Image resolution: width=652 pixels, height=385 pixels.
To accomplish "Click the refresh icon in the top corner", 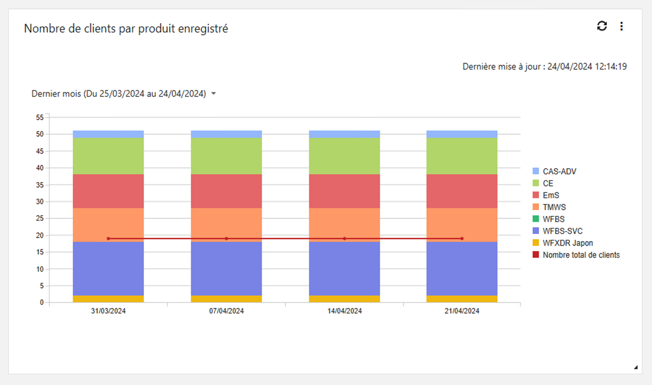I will click(x=602, y=26).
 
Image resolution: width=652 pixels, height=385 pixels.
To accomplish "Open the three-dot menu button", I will click(x=621, y=26).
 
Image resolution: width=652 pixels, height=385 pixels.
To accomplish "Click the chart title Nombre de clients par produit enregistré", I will click(x=126, y=28).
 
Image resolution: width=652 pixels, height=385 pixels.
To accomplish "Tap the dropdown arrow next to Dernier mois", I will click(x=214, y=94).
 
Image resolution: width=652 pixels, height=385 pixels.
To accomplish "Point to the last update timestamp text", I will click(x=544, y=66).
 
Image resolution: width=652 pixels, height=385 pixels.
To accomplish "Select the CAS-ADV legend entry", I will click(x=559, y=171).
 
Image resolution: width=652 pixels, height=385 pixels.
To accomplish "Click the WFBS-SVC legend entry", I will click(x=562, y=231).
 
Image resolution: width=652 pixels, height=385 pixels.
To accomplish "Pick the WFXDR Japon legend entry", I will click(x=568, y=243).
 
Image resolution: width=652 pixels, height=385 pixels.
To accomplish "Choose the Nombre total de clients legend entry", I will click(x=581, y=255).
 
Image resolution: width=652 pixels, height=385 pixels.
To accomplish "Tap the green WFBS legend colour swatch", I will click(x=536, y=219).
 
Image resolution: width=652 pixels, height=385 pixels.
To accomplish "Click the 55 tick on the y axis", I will click(x=40, y=118).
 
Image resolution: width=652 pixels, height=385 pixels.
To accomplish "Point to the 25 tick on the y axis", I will click(x=40, y=218).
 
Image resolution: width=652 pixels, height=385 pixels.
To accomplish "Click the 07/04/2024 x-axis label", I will click(x=226, y=311).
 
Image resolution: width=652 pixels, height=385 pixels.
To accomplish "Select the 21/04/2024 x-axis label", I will click(x=462, y=311).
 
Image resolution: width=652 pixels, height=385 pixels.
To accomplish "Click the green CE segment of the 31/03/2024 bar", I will click(x=108, y=156).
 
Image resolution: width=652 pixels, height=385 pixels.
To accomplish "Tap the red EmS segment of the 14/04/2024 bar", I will click(x=344, y=191).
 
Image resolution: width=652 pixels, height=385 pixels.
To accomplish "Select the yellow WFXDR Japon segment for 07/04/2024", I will click(x=226, y=299).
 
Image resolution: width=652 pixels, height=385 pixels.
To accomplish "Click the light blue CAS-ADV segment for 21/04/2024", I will click(x=462, y=134).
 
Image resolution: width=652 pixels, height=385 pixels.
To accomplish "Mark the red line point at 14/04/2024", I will click(x=344, y=239).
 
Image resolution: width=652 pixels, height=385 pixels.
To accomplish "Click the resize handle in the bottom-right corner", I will click(x=636, y=367).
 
